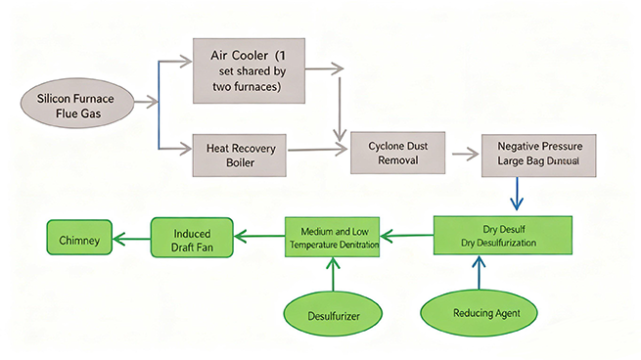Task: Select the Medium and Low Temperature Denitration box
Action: (x=333, y=235)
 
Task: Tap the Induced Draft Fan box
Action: (x=193, y=238)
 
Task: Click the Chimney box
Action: (x=78, y=238)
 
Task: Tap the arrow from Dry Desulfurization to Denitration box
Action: (x=407, y=235)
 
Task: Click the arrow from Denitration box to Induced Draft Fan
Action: (x=259, y=236)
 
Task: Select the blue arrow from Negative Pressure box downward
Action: (x=519, y=194)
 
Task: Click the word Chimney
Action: (x=78, y=238)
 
